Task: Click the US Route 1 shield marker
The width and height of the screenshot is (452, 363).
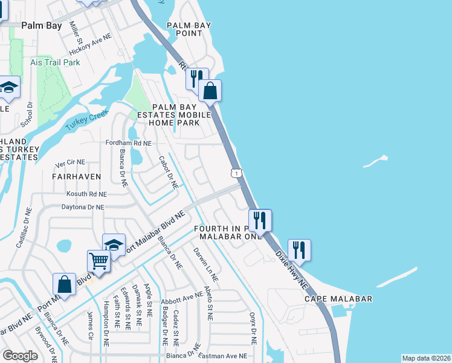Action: [236, 173]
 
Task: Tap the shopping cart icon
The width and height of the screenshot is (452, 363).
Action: [99, 261]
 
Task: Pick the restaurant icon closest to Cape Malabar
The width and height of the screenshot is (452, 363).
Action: [299, 249]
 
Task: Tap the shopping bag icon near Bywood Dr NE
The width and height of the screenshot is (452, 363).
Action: [64, 284]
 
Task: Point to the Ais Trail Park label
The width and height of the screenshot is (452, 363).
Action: [55, 62]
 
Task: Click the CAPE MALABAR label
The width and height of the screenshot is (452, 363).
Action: [338, 299]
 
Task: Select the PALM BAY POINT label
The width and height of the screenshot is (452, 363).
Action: [185, 29]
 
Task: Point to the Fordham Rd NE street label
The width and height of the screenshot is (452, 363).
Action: [128, 143]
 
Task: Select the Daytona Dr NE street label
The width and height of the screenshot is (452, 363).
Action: [83, 207]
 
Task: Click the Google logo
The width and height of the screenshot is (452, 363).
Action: [21, 355]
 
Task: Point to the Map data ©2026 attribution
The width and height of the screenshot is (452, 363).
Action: [425, 358]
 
